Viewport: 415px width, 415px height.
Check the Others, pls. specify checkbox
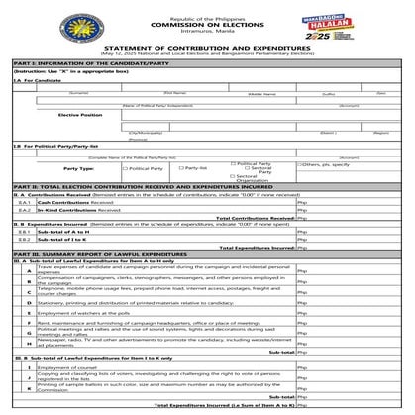(x=297, y=164)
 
